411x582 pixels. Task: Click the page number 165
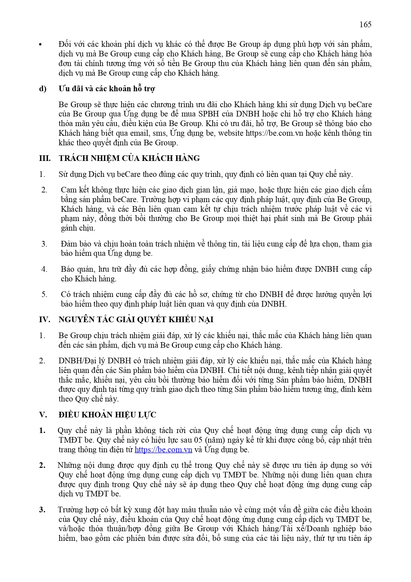pyautogui.click(x=365, y=25)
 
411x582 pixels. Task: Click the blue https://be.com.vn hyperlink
pyautogui.click(x=163, y=450)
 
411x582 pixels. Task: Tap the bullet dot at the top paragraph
pyautogui.click(x=41, y=45)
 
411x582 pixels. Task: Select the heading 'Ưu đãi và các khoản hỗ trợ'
pyautogui.click(x=107, y=89)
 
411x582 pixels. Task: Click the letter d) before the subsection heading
pyautogui.click(x=43, y=89)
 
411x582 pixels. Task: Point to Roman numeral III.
pyautogui.click(x=45, y=158)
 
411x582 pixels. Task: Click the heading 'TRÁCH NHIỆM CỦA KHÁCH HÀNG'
pyautogui.click(x=129, y=158)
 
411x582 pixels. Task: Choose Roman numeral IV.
pyautogui.click(x=45, y=320)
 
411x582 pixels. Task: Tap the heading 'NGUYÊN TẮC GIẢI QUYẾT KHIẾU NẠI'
pyautogui.click(x=136, y=320)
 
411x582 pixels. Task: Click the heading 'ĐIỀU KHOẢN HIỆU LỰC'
pyautogui.click(x=107, y=415)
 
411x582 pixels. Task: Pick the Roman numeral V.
pyautogui.click(x=43, y=415)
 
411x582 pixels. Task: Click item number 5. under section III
pyautogui.click(x=44, y=294)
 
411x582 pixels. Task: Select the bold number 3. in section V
pyautogui.click(x=42, y=510)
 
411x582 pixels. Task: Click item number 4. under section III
pyautogui.click(x=44, y=269)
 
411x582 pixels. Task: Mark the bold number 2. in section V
pyautogui.click(x=42, y=465)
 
